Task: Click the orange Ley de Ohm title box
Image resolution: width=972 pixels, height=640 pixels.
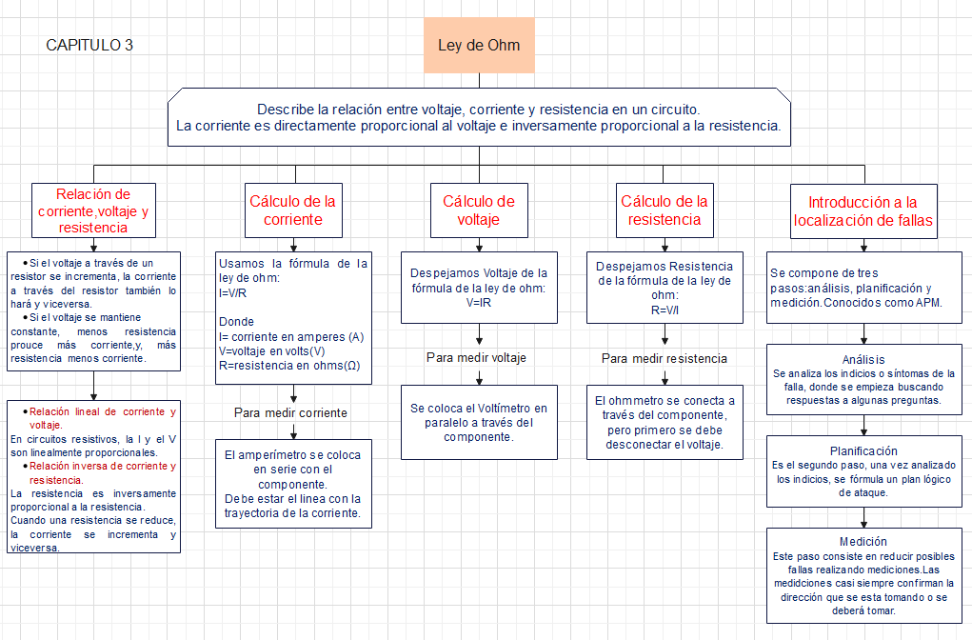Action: tap(479, 45)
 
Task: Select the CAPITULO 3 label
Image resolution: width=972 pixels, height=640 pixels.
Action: tap(89, 45)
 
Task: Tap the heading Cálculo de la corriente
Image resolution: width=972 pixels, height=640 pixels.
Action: tap(292, 210)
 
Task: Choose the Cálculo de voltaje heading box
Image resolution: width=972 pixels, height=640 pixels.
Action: tap(478, 210)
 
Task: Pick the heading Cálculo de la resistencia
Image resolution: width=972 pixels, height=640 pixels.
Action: tap(665, 210)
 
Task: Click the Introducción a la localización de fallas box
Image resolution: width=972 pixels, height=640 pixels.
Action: tap(863, 211)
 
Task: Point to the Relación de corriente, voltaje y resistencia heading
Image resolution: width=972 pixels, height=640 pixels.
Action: tap(93, 210)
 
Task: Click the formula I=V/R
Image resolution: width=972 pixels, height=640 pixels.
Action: tap(232, 293)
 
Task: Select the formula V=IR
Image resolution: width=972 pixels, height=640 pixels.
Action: tap(478, 301)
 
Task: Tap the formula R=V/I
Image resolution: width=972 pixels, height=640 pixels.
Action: tap(665, 310)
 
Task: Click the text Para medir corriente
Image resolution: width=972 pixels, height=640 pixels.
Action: tap(290, 412)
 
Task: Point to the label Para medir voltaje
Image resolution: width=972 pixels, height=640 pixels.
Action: tap(476, 357)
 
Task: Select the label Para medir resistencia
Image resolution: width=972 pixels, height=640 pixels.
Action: tap(664, 358)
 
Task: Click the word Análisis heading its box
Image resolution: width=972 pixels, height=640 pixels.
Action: tap(863, 360)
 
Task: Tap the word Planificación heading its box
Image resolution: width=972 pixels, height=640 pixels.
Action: tap(863, 450)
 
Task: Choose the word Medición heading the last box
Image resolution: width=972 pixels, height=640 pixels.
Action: tap(863, 541)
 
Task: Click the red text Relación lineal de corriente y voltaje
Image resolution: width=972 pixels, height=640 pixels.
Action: tap(102, 418)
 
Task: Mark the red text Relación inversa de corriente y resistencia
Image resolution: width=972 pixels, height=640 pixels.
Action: tap(102, 472)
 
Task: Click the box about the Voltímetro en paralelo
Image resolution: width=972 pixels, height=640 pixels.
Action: tap(479, 422)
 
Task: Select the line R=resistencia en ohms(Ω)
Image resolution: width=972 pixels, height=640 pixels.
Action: tap(288, 365)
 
